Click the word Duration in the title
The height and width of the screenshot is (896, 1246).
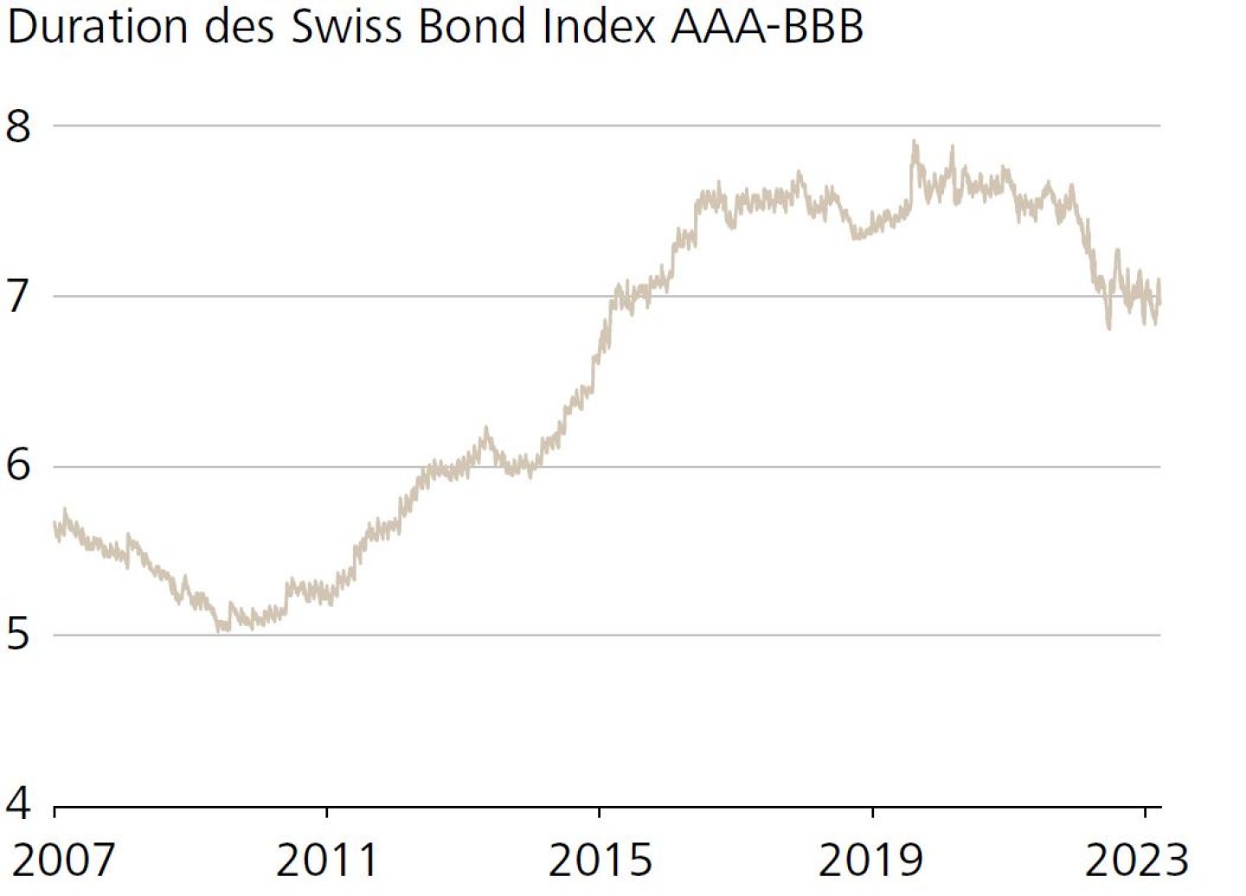97,27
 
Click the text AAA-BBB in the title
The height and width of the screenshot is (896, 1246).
767,27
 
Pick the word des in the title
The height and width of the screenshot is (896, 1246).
239,27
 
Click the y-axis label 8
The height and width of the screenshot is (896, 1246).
18,126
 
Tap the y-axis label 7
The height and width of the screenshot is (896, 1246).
18,297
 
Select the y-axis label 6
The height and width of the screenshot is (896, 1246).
18,466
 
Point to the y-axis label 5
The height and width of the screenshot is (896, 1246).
18,635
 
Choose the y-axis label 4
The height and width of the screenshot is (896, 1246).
18,803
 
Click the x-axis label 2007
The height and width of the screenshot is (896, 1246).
63,861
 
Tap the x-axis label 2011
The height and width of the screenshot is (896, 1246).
327,861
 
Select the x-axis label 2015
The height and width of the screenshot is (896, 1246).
600,861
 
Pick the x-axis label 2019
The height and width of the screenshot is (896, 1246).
871,861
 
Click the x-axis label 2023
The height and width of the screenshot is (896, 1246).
1137,861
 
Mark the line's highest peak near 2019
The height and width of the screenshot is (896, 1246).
915,142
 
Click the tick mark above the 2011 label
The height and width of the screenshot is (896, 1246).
327,812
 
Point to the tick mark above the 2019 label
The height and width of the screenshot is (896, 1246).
872,812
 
